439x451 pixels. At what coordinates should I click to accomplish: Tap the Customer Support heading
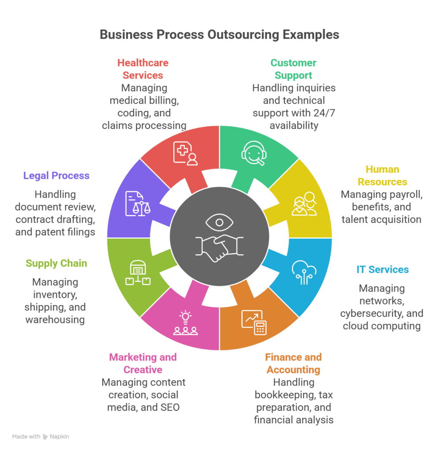point(293,69)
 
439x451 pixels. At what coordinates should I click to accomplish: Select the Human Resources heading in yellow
point(382,175)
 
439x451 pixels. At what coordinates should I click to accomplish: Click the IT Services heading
point(383,269)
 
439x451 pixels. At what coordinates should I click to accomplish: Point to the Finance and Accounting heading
point(293,363)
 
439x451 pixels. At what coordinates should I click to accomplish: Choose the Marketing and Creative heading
point(143,363)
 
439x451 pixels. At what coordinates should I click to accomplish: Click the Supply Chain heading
point(56,263)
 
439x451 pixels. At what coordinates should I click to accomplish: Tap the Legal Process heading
point(56,176)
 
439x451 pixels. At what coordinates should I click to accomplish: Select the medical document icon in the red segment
point(185,153)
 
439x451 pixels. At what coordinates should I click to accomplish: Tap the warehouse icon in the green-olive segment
point(137,273)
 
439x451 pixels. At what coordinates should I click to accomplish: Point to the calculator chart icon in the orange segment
point(254,322)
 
